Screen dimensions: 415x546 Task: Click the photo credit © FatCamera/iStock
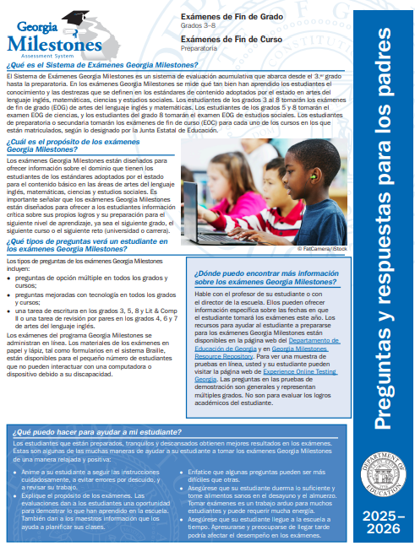(x=321, y=249)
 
